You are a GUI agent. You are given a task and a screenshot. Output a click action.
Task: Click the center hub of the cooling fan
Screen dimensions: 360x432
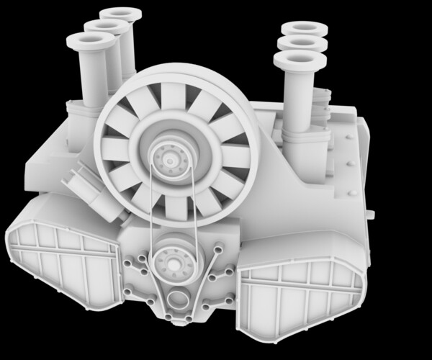pos(171,154)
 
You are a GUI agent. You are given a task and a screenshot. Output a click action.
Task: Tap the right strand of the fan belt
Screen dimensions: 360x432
pos(192,209)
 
